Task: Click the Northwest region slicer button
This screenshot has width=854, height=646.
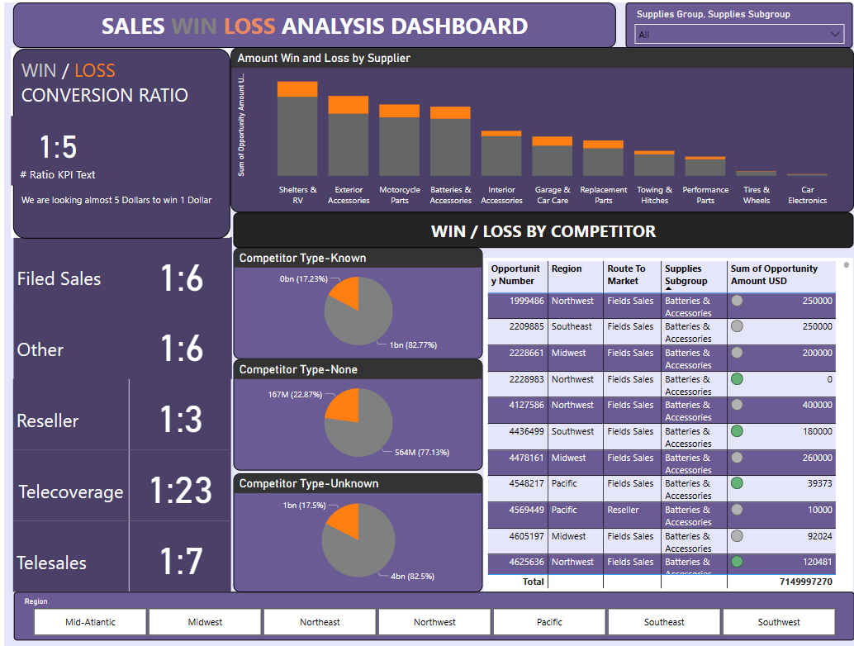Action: tap(434, 622)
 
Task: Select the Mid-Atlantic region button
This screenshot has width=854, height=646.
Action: tap(91, 622)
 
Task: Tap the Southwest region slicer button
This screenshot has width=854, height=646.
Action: tap(779, 622)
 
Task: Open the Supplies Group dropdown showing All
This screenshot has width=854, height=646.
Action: tap(739, 35)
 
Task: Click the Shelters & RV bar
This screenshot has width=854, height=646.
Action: tap(297, 132)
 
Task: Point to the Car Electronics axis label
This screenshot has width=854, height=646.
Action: tap(807, 195)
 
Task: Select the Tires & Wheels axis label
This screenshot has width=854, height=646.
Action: tap(756, 195)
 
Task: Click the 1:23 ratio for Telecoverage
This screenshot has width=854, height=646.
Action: tap(181, 491)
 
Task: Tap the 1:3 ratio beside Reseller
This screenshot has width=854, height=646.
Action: tap(181, 420)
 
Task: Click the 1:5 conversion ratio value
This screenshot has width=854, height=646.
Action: tap(58, 147)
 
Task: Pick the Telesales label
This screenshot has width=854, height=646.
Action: tap(51, 563)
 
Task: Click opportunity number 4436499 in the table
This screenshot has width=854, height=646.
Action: tap(518, 431)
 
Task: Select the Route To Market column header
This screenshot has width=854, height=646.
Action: tap(626, 274)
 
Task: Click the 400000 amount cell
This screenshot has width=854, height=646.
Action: tap(817, 405)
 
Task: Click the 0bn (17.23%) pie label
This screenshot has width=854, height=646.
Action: tap(304, 279)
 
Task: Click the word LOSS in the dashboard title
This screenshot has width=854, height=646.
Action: tap(249, 26)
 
